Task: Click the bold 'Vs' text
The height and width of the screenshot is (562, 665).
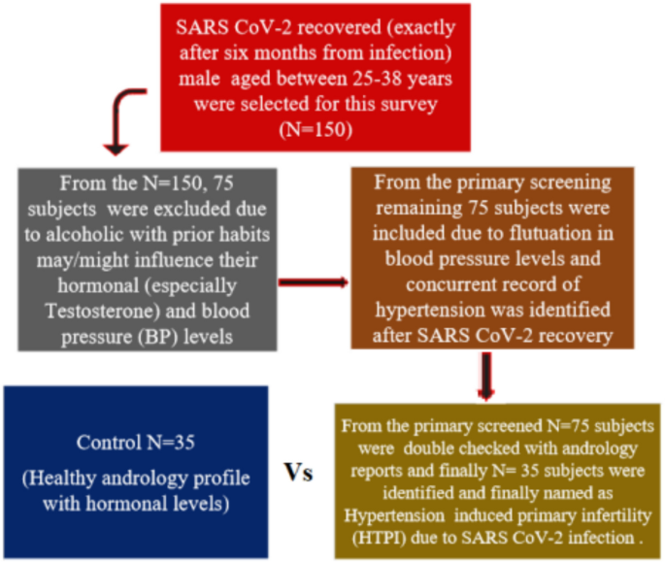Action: (299, 472)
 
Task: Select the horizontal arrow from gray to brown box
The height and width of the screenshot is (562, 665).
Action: (314, 283)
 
